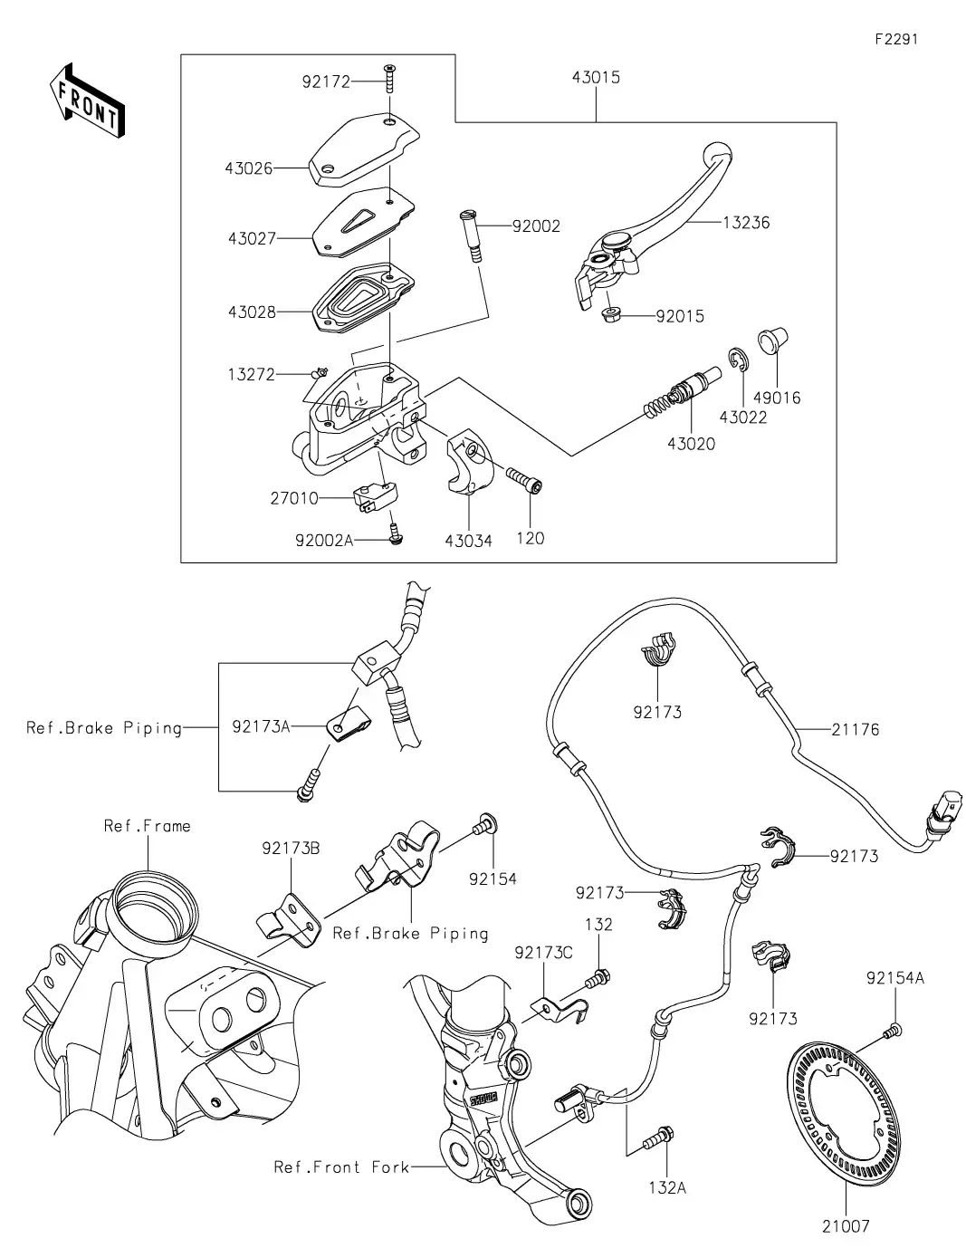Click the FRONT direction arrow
point(87,100)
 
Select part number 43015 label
point(596,78)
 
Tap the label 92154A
point(895,978)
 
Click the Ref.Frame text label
point(148,826)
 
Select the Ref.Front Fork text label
point(341,1166)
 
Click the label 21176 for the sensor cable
point(855,729)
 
